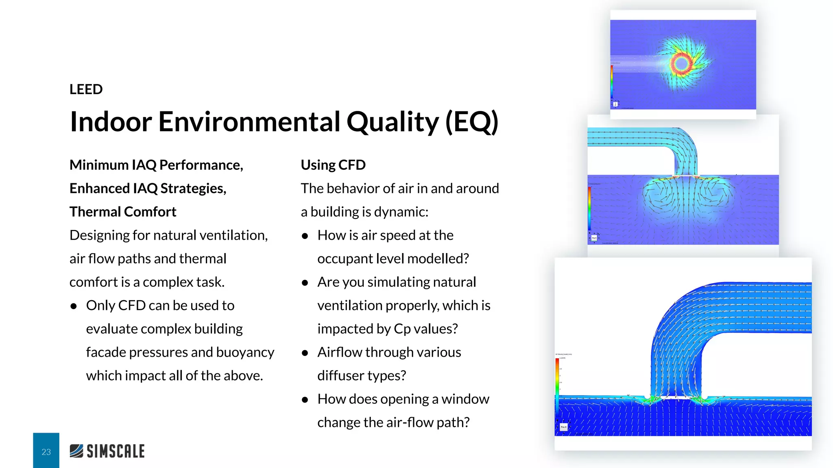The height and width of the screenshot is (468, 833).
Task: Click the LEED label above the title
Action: (x=86, y=89)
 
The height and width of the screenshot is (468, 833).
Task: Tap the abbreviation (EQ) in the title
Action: (x=471, y=122)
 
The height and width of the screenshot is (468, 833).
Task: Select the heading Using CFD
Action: (x=333, y=165)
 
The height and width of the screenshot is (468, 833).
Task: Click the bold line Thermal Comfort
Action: (x=123, y=212)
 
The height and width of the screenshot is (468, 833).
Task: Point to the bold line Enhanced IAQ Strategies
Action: (x=148, y=188)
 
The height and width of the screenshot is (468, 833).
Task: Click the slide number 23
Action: (x=46, y=452)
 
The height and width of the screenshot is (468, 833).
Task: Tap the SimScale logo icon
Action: (x=76, y=451)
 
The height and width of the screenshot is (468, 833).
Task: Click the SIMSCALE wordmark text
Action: (x=116, y=451)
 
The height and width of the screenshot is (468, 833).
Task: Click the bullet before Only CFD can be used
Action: (x=74, y=306)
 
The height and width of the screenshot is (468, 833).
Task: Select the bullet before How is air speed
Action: (x=305, y=236)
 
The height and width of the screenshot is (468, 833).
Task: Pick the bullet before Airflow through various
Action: (x=305, y=353)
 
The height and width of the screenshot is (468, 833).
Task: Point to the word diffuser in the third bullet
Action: (x=340, y=376)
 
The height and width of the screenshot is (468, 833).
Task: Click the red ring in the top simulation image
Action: (x=681, y=63)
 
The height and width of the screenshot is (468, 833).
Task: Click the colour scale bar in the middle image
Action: (x=589, y=209)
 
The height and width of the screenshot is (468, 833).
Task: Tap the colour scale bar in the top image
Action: (x=611, y=81)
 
